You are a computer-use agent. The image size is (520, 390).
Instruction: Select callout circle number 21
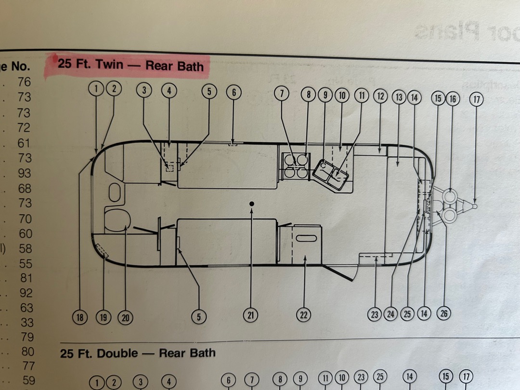coord(250,315)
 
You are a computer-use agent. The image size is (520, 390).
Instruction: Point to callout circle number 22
coord(303,315)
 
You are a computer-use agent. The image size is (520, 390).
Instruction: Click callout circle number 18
coord(80,317)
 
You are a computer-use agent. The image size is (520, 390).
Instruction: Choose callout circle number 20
coord(125,317)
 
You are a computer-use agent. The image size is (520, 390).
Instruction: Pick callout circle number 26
coord(443,314)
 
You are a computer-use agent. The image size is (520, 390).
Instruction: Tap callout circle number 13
coord(399,97)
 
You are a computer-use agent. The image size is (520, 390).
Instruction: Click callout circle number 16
coord(452,99)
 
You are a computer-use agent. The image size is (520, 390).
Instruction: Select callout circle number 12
coord(380,96)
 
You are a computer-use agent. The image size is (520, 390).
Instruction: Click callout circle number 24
coord(390,314)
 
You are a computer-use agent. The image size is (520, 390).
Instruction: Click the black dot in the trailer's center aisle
coord(251,204)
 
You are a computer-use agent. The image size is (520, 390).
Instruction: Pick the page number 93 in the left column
coord(25,173)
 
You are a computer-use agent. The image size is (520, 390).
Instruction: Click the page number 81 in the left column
coord(26,278)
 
